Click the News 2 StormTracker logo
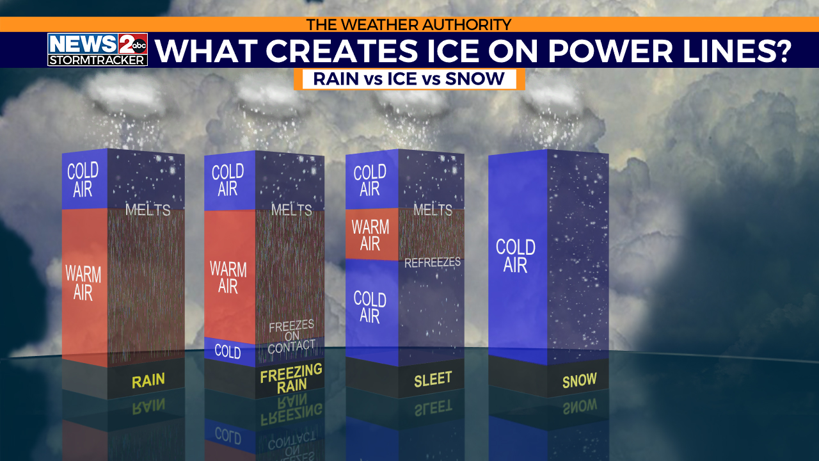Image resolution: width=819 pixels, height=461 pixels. click(x=97, y=49)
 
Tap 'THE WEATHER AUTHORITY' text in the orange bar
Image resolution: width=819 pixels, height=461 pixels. click(x=409, y=24)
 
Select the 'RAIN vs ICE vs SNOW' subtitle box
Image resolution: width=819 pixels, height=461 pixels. click(x=409, y=79)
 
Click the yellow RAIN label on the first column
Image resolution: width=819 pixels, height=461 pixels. click(x=148, y=380)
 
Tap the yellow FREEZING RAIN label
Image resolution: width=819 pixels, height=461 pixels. click(x=291, y=378)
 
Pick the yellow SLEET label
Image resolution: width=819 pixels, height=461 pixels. click(x=433, y=378)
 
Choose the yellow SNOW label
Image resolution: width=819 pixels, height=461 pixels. click(x=579, y=380)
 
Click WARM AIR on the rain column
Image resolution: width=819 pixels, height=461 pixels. click(x=83, y=284)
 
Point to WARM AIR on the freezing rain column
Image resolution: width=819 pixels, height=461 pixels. click(x=228, y=277)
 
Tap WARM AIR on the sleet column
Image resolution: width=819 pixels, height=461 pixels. click(x=370, y=235)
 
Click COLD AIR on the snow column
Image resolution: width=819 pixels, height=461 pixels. click(x=516, y=255)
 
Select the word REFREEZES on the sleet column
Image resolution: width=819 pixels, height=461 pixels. click(x=433, y=263)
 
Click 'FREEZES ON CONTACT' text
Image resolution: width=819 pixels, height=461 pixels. click(x=292, y=337)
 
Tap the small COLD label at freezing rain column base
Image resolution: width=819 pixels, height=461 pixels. click(x=228, y=352)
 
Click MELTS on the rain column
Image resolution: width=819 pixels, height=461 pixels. click(x=148, y=209)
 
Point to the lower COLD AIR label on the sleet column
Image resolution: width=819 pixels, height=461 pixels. click(x=370, y=307)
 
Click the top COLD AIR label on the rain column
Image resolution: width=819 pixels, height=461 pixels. click(x=83, y=179)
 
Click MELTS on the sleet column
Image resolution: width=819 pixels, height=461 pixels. click(x=433, y=209)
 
